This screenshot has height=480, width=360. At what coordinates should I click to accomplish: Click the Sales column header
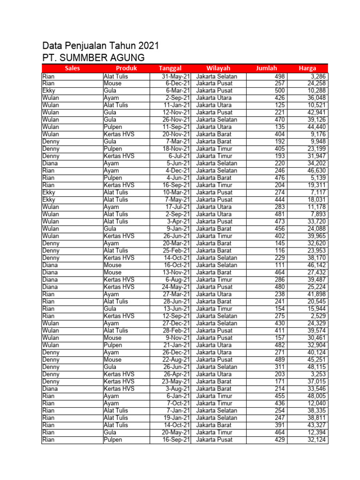[x=72, y=68]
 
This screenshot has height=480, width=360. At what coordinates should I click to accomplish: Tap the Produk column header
[x=126, y=68]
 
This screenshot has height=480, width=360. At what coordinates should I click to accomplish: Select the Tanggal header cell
[x=170, y=68]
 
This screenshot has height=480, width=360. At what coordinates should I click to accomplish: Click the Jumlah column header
[x=266, y=68]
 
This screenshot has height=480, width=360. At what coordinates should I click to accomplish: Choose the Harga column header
[x=307, y=68]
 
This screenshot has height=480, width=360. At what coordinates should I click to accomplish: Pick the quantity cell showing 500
[x=279, y=91]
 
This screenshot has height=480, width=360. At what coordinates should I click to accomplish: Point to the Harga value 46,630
[x=316, y=171]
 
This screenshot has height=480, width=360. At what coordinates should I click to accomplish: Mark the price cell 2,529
[x=318, y=316]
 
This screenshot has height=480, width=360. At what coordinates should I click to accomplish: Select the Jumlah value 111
[x=279, y=265]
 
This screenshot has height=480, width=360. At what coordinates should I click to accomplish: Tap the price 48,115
[x=316, y=367]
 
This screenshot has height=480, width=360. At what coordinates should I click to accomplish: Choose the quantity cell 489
[x=279, y=360]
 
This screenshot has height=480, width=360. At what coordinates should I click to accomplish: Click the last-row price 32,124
[x=316, y=440]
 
